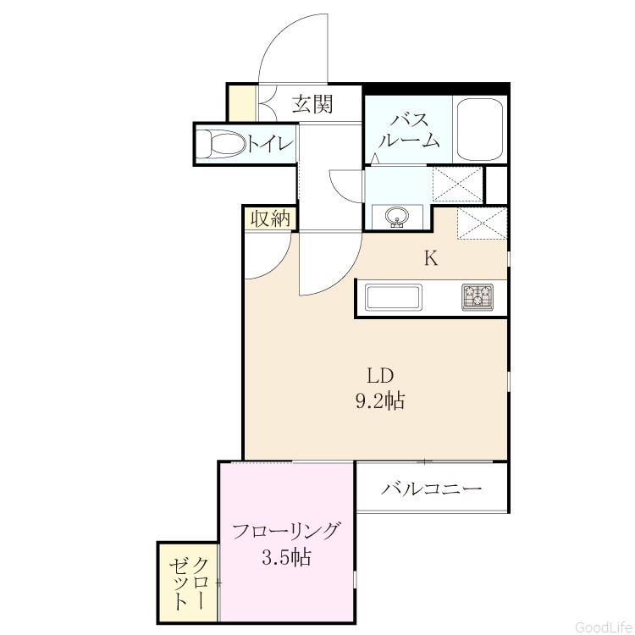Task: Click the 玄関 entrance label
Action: (312, 103)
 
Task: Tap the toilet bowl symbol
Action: (221, 144)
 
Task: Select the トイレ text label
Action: (270, 144)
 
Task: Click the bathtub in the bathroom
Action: (480, 129)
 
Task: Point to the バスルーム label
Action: (410, 130)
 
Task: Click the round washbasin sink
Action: (397, 217)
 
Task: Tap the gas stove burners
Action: (478, 297)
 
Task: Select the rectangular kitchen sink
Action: (394, 298)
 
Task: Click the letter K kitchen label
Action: (431, 258)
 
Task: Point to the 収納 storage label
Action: (270, 219)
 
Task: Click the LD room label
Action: (380, 376)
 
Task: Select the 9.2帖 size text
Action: (380, 401)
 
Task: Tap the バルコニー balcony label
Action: (431, 489)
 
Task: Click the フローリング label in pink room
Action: (285, 532)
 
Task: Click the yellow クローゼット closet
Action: (188, 587)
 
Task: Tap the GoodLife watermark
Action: (604, 627)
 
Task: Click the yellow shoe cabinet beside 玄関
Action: (243, 102)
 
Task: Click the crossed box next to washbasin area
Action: (457, 185)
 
